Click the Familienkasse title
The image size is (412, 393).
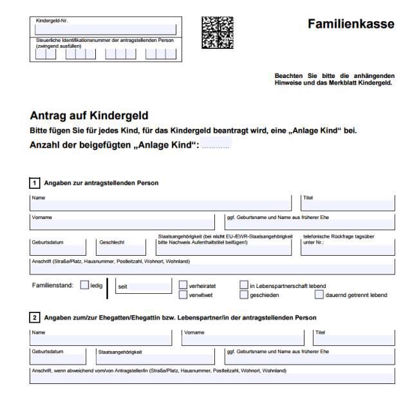click(x=350, y=24)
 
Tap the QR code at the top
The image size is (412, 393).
click(x=217, y=33)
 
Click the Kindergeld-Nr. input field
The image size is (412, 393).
click(x=106, y=29)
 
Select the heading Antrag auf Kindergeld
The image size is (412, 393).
click(x=89, y=116)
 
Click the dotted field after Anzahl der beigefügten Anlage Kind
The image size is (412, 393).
click(x=216, y=144)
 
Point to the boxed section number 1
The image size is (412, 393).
click(x=35, y=183)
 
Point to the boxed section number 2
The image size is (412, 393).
click(x=35, y=318)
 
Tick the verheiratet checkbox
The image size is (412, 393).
click(x=183, y=285)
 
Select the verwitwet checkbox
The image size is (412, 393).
click(x=183, y=295)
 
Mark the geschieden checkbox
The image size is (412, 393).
click(x=244, y=295)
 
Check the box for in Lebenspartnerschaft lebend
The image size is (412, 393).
click(x=244, y=285)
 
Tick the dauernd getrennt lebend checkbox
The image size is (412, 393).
click(x=319, y=295)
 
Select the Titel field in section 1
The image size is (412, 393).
click(x=348, y=206)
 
